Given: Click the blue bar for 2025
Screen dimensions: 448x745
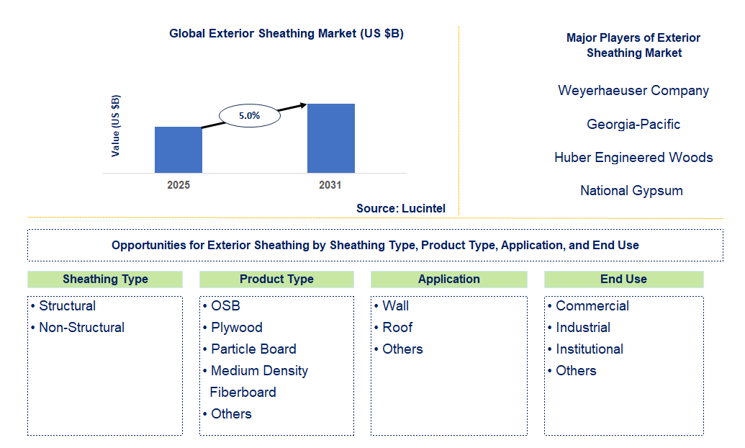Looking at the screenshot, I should coord(178,150).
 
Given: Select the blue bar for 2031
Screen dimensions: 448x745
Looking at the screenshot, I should coord(330,138).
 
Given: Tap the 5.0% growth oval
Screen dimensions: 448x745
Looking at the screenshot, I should coord(249,115).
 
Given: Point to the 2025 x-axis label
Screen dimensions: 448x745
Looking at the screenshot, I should coord(179,185).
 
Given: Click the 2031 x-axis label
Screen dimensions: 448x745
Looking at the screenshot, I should coord(330,185).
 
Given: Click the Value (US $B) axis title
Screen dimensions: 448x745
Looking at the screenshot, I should coord(116,126).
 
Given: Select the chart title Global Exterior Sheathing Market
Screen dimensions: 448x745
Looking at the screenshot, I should coord(286,34).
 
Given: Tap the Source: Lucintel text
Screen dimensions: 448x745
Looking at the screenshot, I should coord(400,208).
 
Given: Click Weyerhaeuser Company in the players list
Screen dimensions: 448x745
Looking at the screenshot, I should coord(633,91).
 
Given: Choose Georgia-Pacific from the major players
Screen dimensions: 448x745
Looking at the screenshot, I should coord(633,124).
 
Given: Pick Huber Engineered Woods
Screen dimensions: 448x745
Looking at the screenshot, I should coord(633,157).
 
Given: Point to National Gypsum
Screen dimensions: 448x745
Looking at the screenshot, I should coord(631,190).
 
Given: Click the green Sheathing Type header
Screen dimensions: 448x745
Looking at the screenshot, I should coord(105,279).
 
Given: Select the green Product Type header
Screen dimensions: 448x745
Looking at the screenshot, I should coord(276,279).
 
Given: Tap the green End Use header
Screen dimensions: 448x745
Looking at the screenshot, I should coord(623,279).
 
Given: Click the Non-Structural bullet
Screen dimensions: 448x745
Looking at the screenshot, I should coord(81,328).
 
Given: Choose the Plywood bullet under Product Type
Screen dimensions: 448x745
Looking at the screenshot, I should coord(237,328).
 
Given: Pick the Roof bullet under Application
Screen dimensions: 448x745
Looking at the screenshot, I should coord(397,328).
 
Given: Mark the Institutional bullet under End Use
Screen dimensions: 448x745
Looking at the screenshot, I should coord(590,349).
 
